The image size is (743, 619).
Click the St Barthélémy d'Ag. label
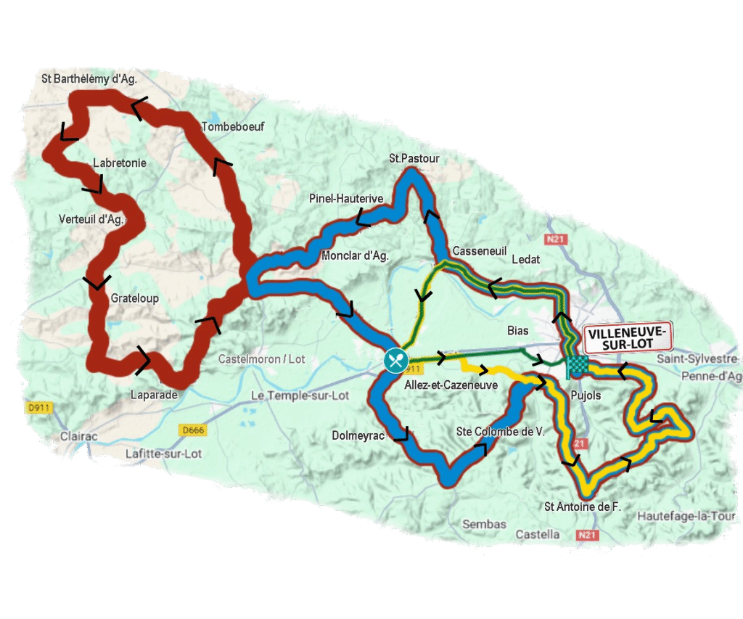click(x=89, y=78)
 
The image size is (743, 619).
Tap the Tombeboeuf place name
click(x=233, y=126)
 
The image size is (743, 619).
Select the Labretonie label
click(x=120, y=163)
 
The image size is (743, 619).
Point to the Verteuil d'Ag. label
click(x=91, y=218)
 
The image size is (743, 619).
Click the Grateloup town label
click(x=135, y=298)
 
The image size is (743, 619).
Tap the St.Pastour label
click(x=414, y=158)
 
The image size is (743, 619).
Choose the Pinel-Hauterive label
click(x=346, y=198)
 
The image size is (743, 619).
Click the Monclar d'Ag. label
click(x=355, y=255)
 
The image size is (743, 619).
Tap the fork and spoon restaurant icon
click(x=395, y=359)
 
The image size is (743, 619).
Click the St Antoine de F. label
click(x=583, y=507)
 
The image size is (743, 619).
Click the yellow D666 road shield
click(x=192, y=430)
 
